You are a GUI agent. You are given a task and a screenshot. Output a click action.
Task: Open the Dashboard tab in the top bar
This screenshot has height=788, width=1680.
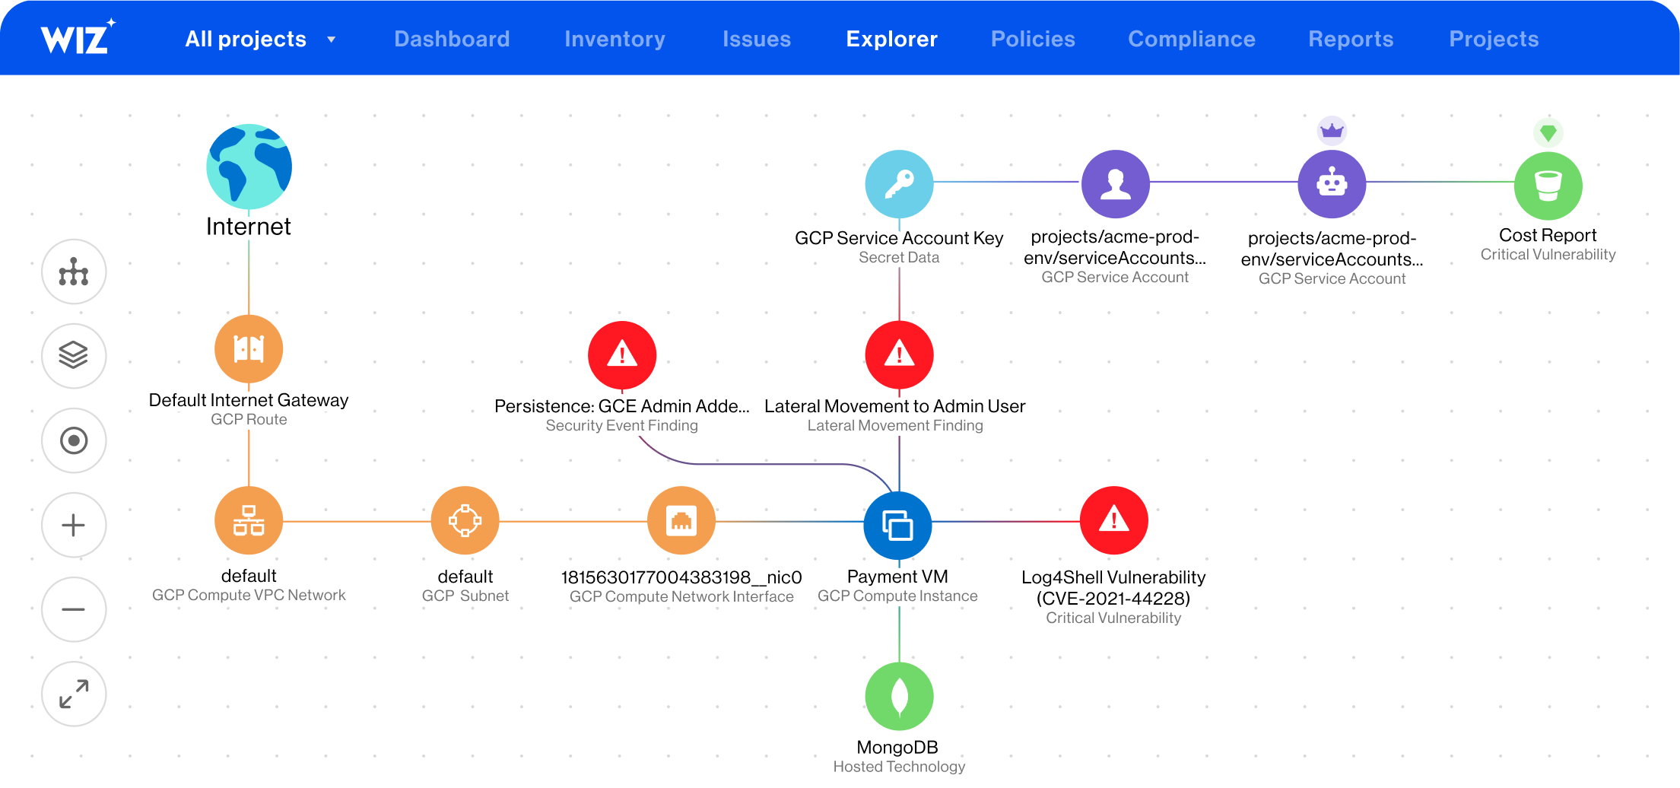(452, 39)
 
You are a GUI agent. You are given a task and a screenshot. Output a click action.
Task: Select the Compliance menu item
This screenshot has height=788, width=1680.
(1191, 39)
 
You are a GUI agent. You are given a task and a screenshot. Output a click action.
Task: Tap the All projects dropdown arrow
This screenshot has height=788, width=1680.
(332, 40)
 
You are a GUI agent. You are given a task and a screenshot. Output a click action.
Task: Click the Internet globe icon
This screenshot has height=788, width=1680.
(249, 167)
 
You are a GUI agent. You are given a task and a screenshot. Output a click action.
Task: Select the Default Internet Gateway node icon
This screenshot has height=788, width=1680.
(249, 349)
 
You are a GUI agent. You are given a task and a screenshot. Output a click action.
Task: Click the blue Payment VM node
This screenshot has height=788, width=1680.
(898, 525)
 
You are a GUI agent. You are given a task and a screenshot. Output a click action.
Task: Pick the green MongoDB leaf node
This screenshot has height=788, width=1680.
(899, 696)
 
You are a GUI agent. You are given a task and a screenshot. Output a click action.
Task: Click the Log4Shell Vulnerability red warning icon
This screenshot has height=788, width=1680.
(1114, 520)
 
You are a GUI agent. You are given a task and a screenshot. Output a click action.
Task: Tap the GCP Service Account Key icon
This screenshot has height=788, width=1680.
(899, 184)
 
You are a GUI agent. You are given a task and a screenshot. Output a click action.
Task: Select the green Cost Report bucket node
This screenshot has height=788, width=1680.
(1548, 186)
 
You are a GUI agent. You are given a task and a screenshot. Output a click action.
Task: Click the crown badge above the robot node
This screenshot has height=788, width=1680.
(1332, 131)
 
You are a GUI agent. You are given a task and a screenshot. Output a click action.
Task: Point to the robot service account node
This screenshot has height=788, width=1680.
(1332, 184)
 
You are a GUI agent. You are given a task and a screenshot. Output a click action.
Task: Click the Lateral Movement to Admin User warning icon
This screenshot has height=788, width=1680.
(899, 354)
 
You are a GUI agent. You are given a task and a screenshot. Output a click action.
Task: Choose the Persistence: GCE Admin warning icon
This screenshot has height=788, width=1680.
(622, 354)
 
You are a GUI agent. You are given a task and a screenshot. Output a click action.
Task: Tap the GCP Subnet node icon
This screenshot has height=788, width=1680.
(465, 521)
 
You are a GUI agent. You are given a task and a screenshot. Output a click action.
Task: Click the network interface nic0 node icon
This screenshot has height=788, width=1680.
(681, 521)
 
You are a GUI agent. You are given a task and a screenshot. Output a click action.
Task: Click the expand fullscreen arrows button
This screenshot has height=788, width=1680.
(74, 694)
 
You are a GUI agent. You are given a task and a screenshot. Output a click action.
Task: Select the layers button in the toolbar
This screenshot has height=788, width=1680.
(74, 355)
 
